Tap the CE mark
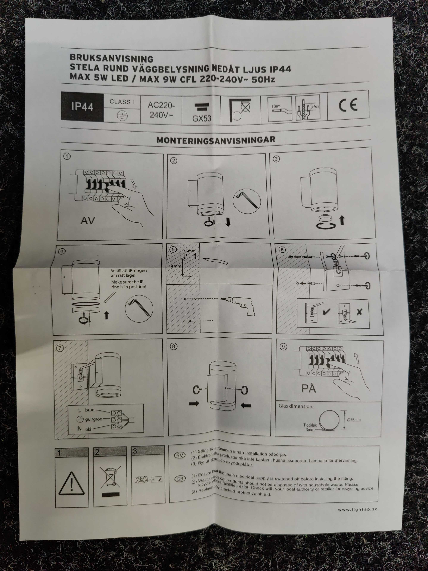[348, 105]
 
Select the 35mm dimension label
[189, 251]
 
